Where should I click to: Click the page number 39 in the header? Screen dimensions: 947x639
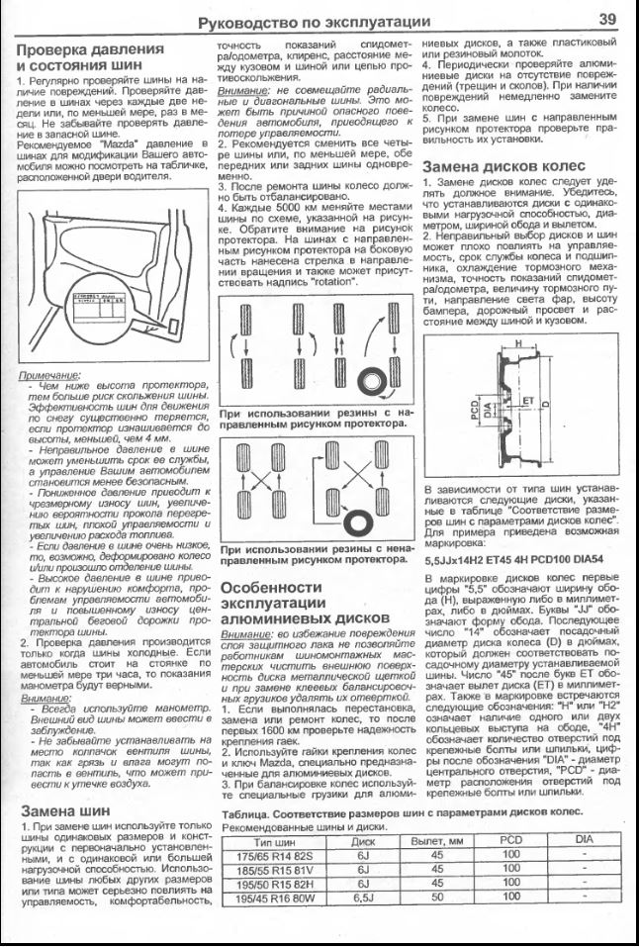click(x=606, y=19)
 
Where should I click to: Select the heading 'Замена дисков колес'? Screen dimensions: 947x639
click(x=503, y=165)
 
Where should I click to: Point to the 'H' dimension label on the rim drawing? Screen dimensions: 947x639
click(x=514, y=343)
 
